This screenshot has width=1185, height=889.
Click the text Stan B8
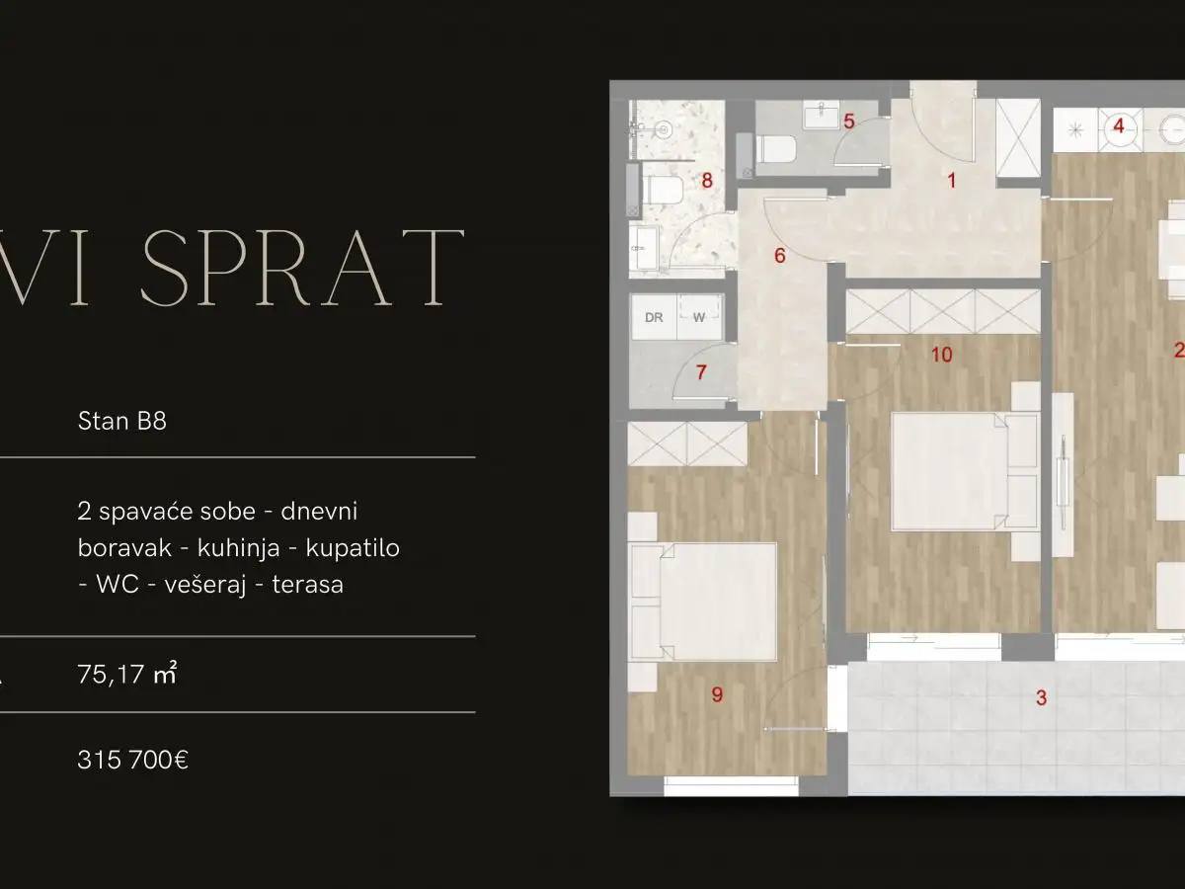coord(121,422)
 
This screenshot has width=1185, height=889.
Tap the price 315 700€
coord(132,761)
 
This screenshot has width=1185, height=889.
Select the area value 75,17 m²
coord(126,676)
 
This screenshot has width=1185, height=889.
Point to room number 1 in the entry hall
coord(952,181)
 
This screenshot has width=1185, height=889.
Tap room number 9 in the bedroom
coord(717,695)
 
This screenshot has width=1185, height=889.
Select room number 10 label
coord(941,355)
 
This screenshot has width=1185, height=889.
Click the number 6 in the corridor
coord(779,257)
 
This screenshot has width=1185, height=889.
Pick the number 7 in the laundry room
coord(702,373)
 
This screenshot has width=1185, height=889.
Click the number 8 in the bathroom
coord(706,181)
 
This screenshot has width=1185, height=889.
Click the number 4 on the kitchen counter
coord(1119,126)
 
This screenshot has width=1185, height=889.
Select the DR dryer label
coord(653,318)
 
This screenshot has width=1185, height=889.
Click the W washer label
coord(698,318)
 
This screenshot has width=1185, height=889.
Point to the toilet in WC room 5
coord(777,150)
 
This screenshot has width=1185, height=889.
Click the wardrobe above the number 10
coord(942,312)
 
